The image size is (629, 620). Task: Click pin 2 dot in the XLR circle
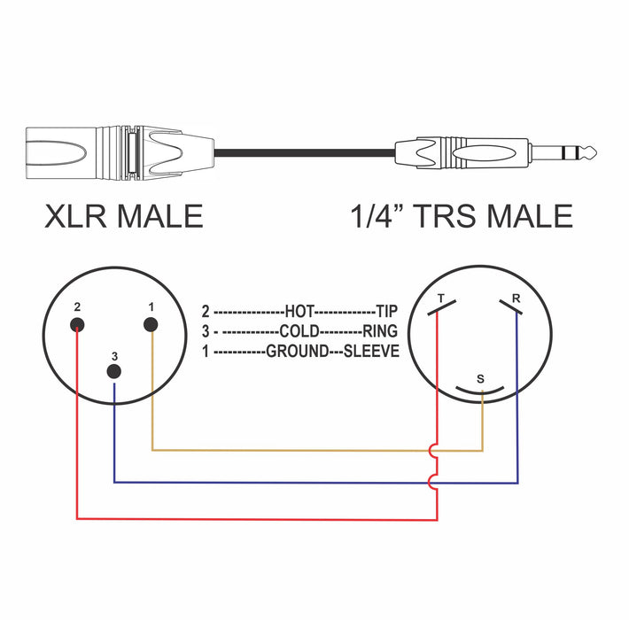[78, 325]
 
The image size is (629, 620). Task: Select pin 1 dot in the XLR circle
[151, 325]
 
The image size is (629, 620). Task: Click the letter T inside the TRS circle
[441, 298]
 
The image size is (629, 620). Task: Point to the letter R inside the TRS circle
[516, 298]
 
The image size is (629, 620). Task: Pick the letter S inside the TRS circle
[480, 378]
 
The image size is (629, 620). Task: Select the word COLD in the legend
[298, 331]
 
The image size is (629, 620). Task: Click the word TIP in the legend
[387, 312]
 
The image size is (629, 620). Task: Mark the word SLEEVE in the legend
[373, 352]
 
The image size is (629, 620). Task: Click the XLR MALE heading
[123, 216]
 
